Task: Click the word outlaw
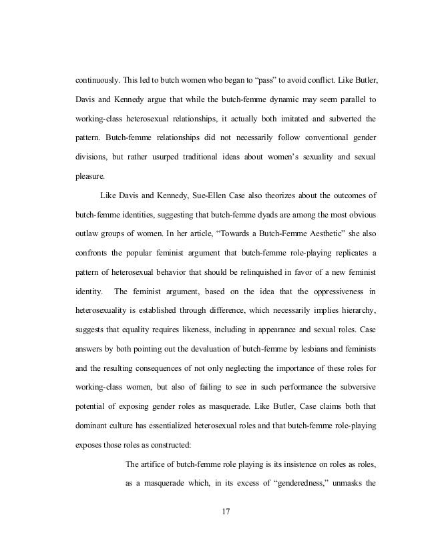(x=89, y=234)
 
